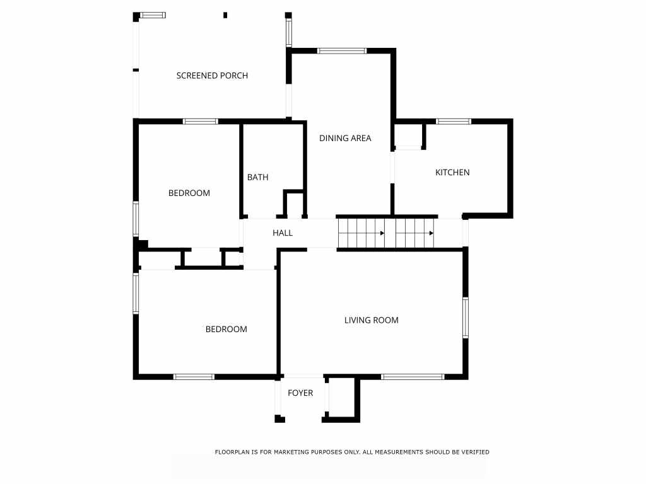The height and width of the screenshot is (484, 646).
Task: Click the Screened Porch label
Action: (x=212, y=76)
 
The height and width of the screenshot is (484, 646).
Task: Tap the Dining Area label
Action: (x=345, y=138)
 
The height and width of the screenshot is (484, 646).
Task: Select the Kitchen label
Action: (x=452, y=172)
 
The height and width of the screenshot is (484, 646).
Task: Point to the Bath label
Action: (x=257, y=177)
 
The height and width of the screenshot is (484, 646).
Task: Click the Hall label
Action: (x=283, y=233)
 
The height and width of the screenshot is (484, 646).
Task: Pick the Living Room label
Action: (x=371, y=320)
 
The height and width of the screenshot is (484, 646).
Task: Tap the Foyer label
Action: (x=300, y=393)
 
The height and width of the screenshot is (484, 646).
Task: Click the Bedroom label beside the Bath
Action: (x=189, y=193)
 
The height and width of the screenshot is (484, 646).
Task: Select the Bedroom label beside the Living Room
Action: (x=226, y=329)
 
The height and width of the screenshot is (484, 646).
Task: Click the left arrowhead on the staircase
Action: (x=382, y=233)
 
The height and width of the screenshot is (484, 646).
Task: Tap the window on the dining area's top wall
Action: (x=341, y=50)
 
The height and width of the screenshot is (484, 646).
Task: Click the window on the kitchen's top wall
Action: (x=454, y=121)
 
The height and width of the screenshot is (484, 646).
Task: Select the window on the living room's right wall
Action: (x=466, y=318)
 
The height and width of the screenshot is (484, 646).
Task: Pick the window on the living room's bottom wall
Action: (x=413, y=377)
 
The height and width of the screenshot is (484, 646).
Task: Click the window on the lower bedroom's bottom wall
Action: (x=194, y=377)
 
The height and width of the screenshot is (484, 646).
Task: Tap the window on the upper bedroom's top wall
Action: (x=201, y=121)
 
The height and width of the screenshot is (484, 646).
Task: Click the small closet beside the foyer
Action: (x=341, y=398)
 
